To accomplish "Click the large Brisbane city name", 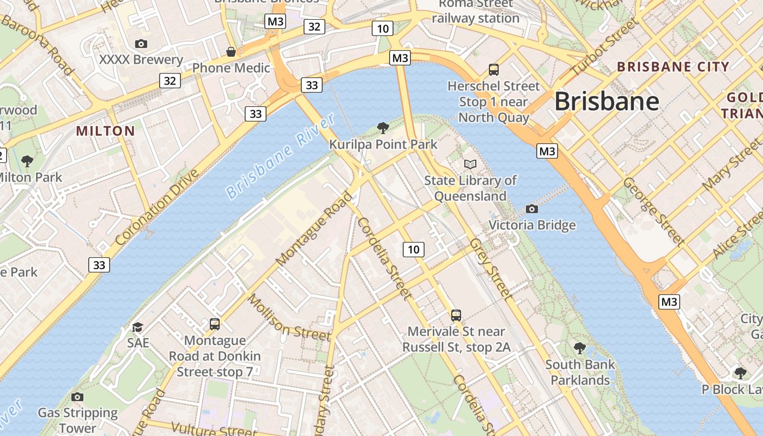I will coord(607,102).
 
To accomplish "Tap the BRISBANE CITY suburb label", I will coord(673,67).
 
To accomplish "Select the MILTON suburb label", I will coord(105,131).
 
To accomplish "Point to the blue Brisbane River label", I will coord(280,157).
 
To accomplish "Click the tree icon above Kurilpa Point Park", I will coord(383,128).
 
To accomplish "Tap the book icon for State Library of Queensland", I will coord(470,164).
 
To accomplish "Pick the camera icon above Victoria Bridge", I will coord(531,209).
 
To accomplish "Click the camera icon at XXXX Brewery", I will coord(141,44).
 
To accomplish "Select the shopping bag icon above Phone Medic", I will coord(231,52).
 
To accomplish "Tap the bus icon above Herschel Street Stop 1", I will coord(493,69).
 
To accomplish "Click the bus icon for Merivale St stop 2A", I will coord(456,315).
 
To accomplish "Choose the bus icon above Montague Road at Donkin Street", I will coord(215,324).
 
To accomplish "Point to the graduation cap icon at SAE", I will coord(137,327).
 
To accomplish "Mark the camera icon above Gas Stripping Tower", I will coord(77,397).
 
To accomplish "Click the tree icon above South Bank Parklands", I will coord(580,348).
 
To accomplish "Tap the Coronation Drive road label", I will coord(158,208).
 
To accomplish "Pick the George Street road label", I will coord(653,210).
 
